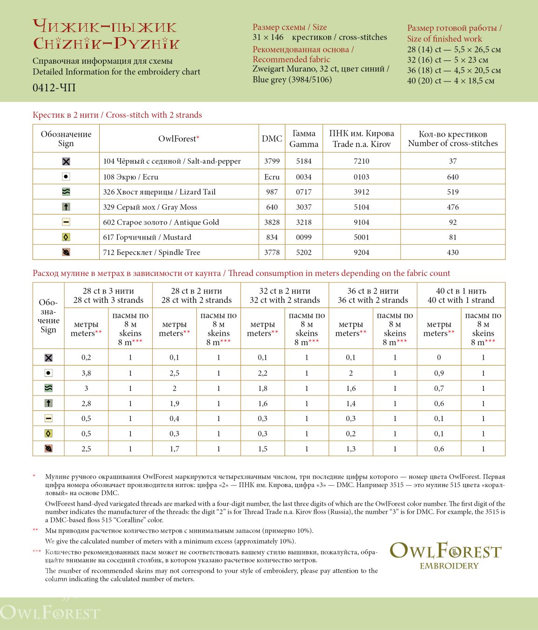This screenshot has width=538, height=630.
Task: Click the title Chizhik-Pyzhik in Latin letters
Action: [x=106, y=44]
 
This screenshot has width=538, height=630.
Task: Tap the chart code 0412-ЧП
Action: [x=54, y=87]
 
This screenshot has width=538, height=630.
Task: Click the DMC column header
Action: [x=272, y=139]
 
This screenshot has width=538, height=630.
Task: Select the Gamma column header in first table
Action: [x=303, y=139]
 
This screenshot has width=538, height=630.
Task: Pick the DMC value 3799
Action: [x=272, y=161]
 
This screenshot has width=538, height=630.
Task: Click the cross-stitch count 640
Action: [x=452, y=177]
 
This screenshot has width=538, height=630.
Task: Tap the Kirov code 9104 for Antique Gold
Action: [x=361, y=222]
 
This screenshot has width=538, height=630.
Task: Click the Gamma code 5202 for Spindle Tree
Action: [x=303, y=252]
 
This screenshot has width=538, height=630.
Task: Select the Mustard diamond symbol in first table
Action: [x=66, y=237]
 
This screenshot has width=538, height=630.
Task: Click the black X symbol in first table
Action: [x=66, y=161]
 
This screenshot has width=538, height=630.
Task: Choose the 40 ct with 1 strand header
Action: [x=461, y=295]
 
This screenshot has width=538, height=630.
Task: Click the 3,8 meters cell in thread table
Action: [x=86, y=373]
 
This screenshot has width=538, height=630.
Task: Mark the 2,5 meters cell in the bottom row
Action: [x=86, y=449]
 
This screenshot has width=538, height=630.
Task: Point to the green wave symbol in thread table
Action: [x=48, y=388]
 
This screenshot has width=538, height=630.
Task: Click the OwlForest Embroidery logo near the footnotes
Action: [x=445, y=555]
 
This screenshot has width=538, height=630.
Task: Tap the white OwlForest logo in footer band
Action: [x=50, y=612]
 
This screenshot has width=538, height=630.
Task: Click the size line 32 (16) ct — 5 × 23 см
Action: [x=447, y=60]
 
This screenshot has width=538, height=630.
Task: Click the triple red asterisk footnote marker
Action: [x=37, y=552]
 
